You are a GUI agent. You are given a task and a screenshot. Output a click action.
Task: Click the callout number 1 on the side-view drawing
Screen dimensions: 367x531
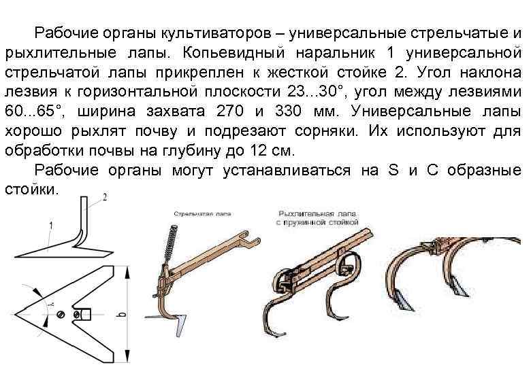(x=51, y=224)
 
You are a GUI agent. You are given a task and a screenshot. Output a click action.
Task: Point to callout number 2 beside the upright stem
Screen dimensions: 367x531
(x=103, y=197)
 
